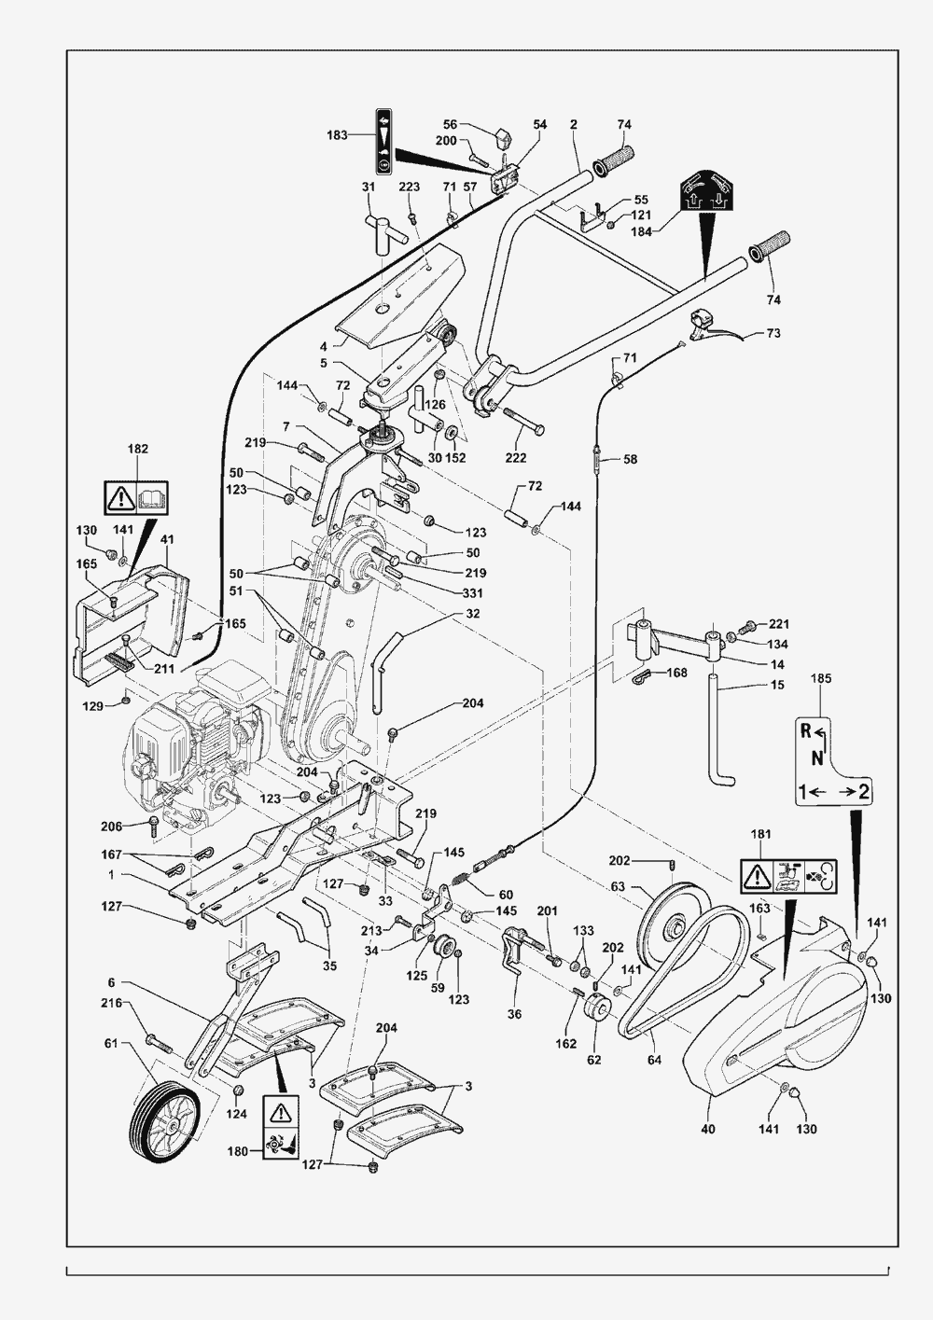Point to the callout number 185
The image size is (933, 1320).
(820, 678)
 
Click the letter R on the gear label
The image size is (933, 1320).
(805, 731)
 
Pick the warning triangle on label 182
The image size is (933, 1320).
(121, 498)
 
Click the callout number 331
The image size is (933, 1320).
(472, 592)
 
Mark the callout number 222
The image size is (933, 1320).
(516, 457)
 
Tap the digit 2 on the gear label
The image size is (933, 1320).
(862, 791)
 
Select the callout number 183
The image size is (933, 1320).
(337, 135)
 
